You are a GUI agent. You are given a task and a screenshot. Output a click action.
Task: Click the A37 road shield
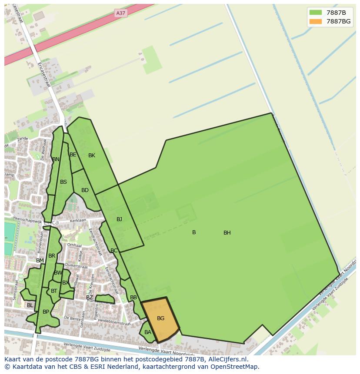click(x=120, y=13)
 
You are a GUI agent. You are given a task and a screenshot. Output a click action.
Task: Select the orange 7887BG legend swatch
click(x=316, y=21)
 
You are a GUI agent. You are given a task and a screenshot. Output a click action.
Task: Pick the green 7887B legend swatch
click(x=316, y=12)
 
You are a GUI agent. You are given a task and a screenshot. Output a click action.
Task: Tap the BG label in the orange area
click(x=160, y=318)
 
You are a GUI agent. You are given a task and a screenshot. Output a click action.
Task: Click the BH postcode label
click(x=227, y=233)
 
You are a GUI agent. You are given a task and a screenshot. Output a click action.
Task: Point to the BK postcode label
click(x=91, y=156)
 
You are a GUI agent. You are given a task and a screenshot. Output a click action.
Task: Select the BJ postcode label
click(x=119, y=219)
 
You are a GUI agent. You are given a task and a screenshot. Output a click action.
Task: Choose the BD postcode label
click(x=85, y=190)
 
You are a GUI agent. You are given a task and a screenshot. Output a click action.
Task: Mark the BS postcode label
click(x=63, y=182)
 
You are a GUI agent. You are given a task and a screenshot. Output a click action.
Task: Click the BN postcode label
click(x=56, y=159)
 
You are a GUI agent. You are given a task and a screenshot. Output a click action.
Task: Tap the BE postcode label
click(x=73, y=155)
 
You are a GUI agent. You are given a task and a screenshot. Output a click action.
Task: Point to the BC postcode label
click(x=114, y=251)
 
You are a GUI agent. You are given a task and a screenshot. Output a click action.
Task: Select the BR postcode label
click(x=52, y=256)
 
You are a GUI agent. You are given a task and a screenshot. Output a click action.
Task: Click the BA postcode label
click(x=147, y=332)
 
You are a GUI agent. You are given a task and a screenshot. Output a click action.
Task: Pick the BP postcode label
click(x=46, y=312)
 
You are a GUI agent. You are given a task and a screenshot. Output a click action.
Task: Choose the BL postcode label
click(x=30, y=305)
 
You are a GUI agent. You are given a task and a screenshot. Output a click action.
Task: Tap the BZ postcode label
click(x=89, y=298)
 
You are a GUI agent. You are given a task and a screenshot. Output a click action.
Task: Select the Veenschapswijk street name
click(x=27, y=219)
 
